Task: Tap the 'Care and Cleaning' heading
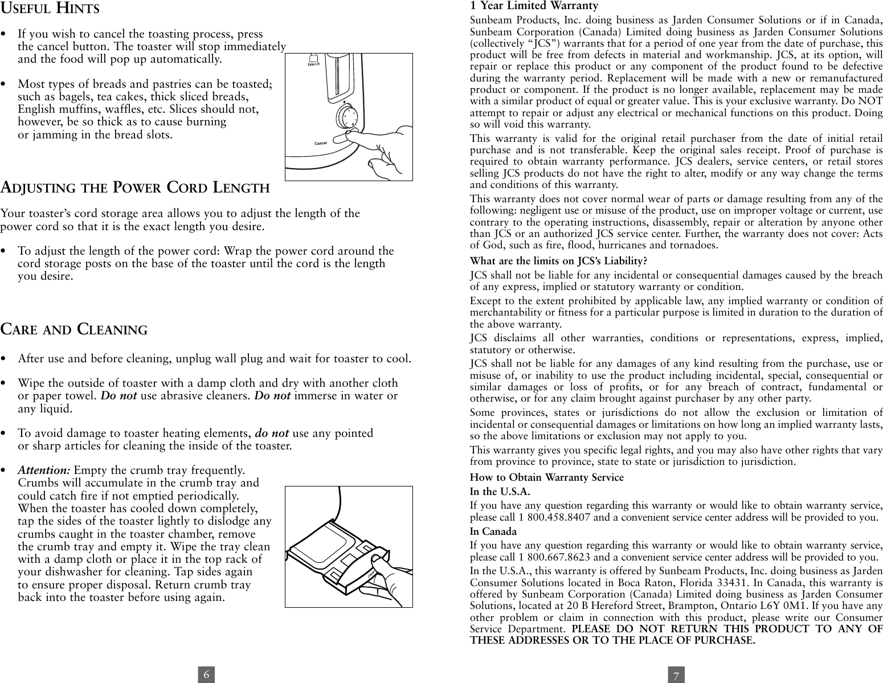point(74,330)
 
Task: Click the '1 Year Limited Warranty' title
point(534,6)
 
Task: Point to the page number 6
point(207,675)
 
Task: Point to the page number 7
point(676,676)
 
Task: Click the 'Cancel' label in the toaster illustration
point(321,143)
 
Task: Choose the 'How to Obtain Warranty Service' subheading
point(546,477)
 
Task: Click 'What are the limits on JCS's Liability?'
point(558,261)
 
